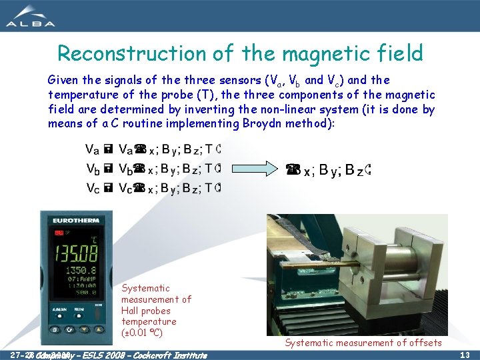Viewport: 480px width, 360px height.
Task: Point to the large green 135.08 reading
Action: click(75, 255)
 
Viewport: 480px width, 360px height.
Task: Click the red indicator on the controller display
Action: click(59, 233)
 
